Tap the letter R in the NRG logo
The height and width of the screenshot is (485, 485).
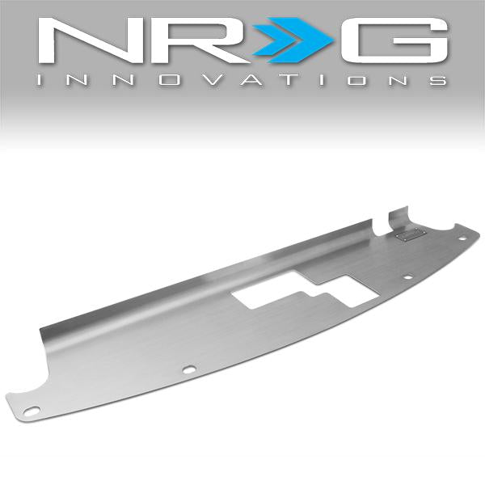coord(198,40)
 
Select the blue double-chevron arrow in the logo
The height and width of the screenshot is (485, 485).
coord(293,40)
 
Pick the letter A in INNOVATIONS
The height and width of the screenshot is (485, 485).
coord(254,80)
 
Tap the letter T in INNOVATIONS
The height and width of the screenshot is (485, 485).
coord(290,80)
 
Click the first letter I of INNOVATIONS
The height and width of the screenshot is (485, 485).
coord(39,80)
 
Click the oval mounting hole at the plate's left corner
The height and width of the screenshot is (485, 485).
coord(32,411)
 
